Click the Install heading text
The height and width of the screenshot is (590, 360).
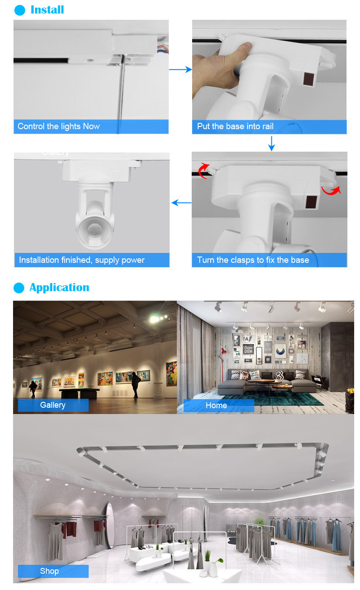(x=47, y=10)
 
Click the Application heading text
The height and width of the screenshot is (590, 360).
(x=59, y=288)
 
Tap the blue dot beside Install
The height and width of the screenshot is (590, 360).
(x=19, y=10)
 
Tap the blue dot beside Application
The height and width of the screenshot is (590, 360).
(x=19, y=288)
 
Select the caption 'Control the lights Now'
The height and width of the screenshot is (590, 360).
(x=58, y=126)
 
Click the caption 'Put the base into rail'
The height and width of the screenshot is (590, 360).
(x=235, y=126)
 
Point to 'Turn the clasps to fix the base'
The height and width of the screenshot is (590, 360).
(x=253, y=260)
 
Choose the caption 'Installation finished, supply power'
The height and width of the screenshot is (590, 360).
(x=81, y=260)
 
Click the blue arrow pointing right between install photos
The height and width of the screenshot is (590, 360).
(x=180, y=70)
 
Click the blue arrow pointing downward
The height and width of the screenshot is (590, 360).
(x=271, y=144)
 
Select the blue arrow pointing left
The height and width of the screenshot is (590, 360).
(x=181, y=203)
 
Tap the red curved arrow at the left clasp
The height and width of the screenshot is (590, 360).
(x=203, y=170)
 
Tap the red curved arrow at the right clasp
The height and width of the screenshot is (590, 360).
(x=331, y=191)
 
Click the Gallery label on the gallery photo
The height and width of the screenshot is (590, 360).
(x=53, y=405)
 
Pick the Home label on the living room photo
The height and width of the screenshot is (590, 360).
(x=216, y=405)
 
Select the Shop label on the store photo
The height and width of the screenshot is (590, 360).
(x=49, y=571)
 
